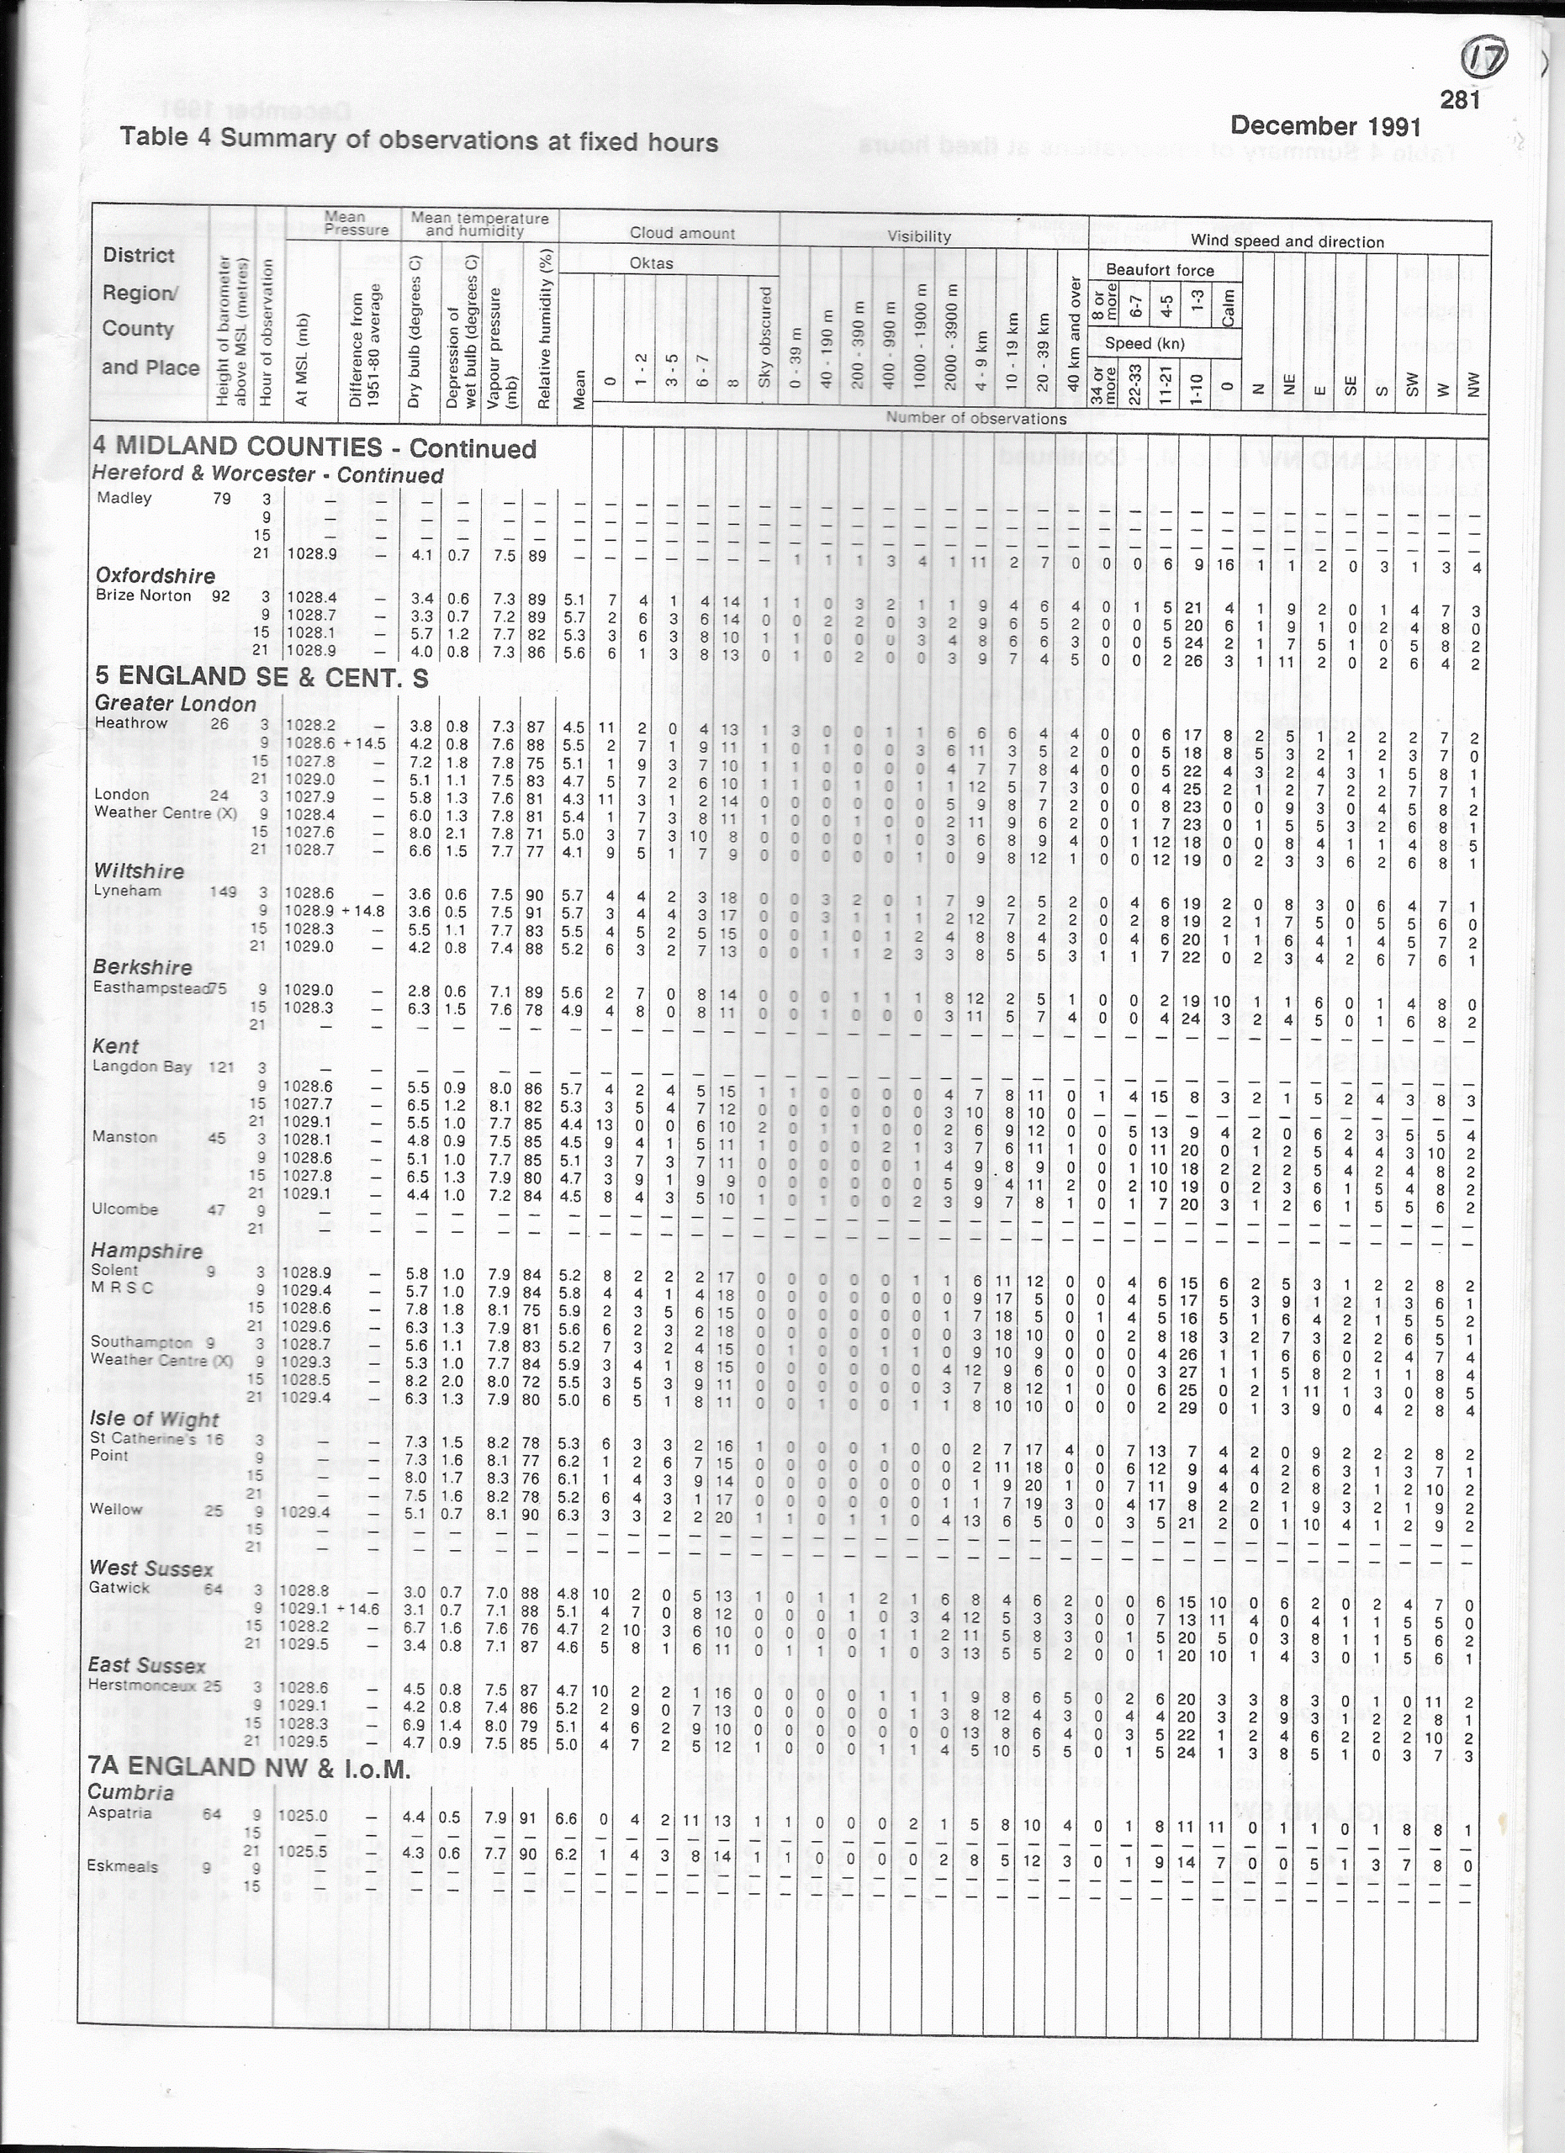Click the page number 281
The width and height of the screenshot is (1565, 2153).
point(1460,100)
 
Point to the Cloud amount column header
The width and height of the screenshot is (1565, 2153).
point(681,233)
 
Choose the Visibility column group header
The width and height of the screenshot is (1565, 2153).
point(917,236)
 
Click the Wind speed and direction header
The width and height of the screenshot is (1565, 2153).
point(1287,241)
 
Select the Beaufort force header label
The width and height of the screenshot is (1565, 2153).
point(1159,270)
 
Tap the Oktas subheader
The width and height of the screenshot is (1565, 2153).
point(651,263)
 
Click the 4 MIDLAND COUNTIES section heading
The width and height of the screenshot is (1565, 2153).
point(237,447)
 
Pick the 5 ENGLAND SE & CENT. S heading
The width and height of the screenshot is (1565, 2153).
point(261,677)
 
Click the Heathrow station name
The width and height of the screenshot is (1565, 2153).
point(130,723)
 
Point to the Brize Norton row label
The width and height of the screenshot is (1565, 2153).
point(143,596)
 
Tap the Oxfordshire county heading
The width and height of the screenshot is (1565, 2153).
point(155,575)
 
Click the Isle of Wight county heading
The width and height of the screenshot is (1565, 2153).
point(154,1419)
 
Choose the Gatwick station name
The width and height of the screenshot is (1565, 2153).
point(119,1587)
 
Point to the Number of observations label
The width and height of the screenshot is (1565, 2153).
point(975,418)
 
